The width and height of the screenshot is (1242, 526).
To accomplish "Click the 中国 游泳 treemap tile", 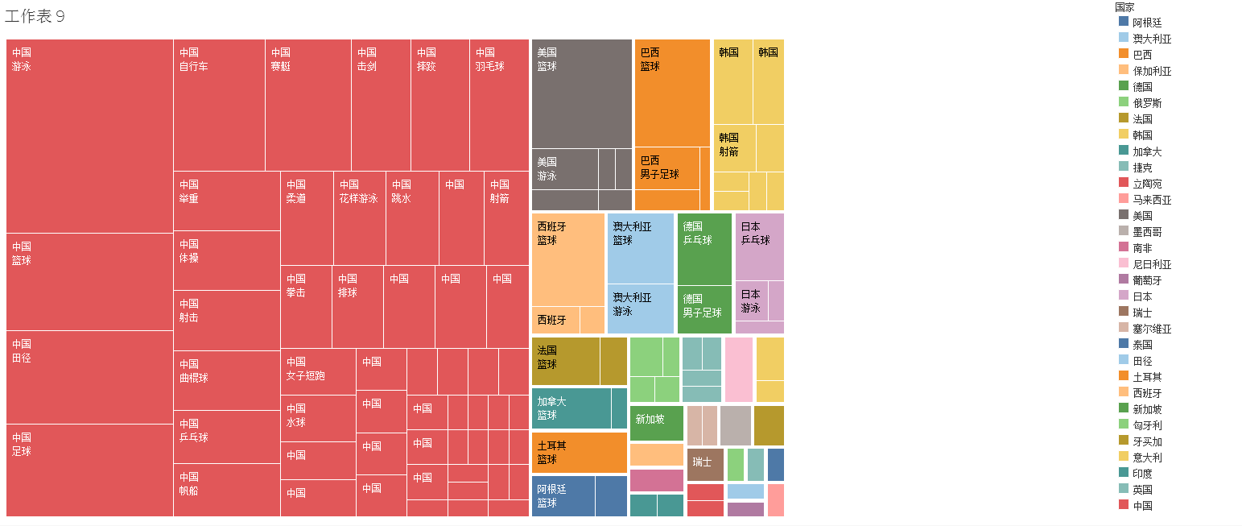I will [89, 136].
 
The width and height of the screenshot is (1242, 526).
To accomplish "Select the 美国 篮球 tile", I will [581, 93].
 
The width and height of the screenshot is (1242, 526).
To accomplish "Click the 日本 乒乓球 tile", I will [759, 246].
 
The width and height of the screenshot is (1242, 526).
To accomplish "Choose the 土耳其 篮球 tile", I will [579, 453].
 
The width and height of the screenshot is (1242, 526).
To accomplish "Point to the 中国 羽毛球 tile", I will [499, 105].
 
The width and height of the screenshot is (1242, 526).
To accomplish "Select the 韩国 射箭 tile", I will [734, 148].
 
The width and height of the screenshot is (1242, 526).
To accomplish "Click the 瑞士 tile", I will [705, 465].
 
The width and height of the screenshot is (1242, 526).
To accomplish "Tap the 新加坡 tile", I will [656, 423].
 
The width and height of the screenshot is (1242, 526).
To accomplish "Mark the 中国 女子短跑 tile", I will [318, 371].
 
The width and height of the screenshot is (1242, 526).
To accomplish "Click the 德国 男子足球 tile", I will [704, 309].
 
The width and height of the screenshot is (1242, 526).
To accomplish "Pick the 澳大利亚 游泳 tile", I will [640, 309].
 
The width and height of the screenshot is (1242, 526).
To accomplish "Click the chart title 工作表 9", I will [35, 17].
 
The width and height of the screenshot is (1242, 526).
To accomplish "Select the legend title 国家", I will [1125, 7].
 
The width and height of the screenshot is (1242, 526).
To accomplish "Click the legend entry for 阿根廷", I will [1147, 23].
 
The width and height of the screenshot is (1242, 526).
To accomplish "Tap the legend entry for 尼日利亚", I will [1152, 264].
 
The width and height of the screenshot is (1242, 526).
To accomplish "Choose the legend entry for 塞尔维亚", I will [1152, 329].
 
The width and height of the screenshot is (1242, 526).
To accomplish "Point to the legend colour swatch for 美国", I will [1124, 215].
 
